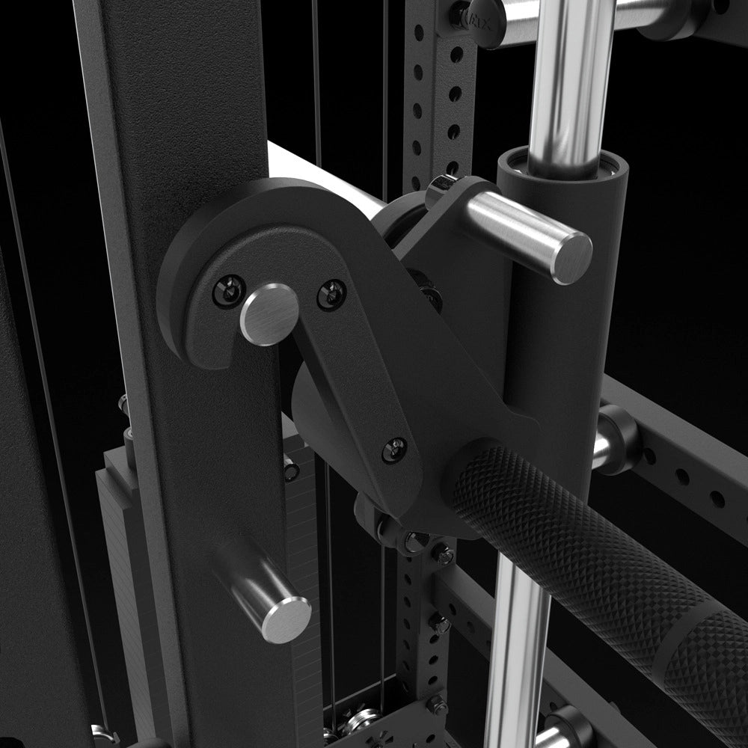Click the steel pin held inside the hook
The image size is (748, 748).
(x=269, y=314)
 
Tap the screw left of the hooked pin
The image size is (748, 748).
(x=229, y=290)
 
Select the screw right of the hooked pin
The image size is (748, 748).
(x=331, y=295)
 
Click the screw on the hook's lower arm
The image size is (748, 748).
(x=394, y=450)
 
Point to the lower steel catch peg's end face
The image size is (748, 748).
(x=288, y=619)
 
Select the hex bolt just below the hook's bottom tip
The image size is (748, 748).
(x=416, y=541)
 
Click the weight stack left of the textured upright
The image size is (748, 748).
(x=123, y=598)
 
